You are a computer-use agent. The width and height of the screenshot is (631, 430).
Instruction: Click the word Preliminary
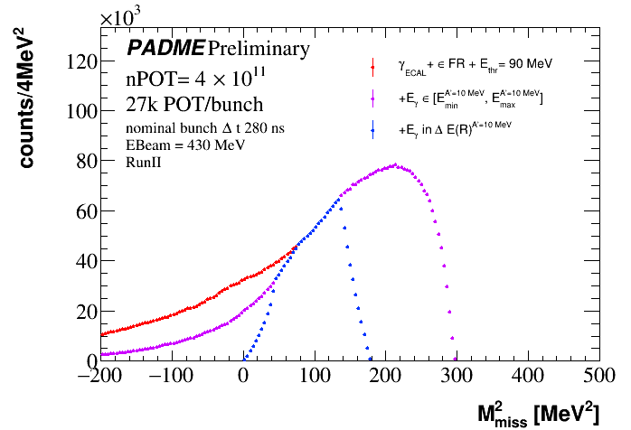click(259, 48)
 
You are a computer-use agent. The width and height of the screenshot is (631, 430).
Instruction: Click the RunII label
click(143, 160)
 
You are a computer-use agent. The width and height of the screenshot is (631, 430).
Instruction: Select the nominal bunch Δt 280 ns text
click(206, 128)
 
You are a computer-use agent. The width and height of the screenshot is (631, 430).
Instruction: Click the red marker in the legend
click(373, 65)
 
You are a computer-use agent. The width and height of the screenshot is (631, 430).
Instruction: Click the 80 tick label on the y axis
click(82, 162)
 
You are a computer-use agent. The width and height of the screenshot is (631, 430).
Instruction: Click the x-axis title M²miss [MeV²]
click(537, 413)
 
